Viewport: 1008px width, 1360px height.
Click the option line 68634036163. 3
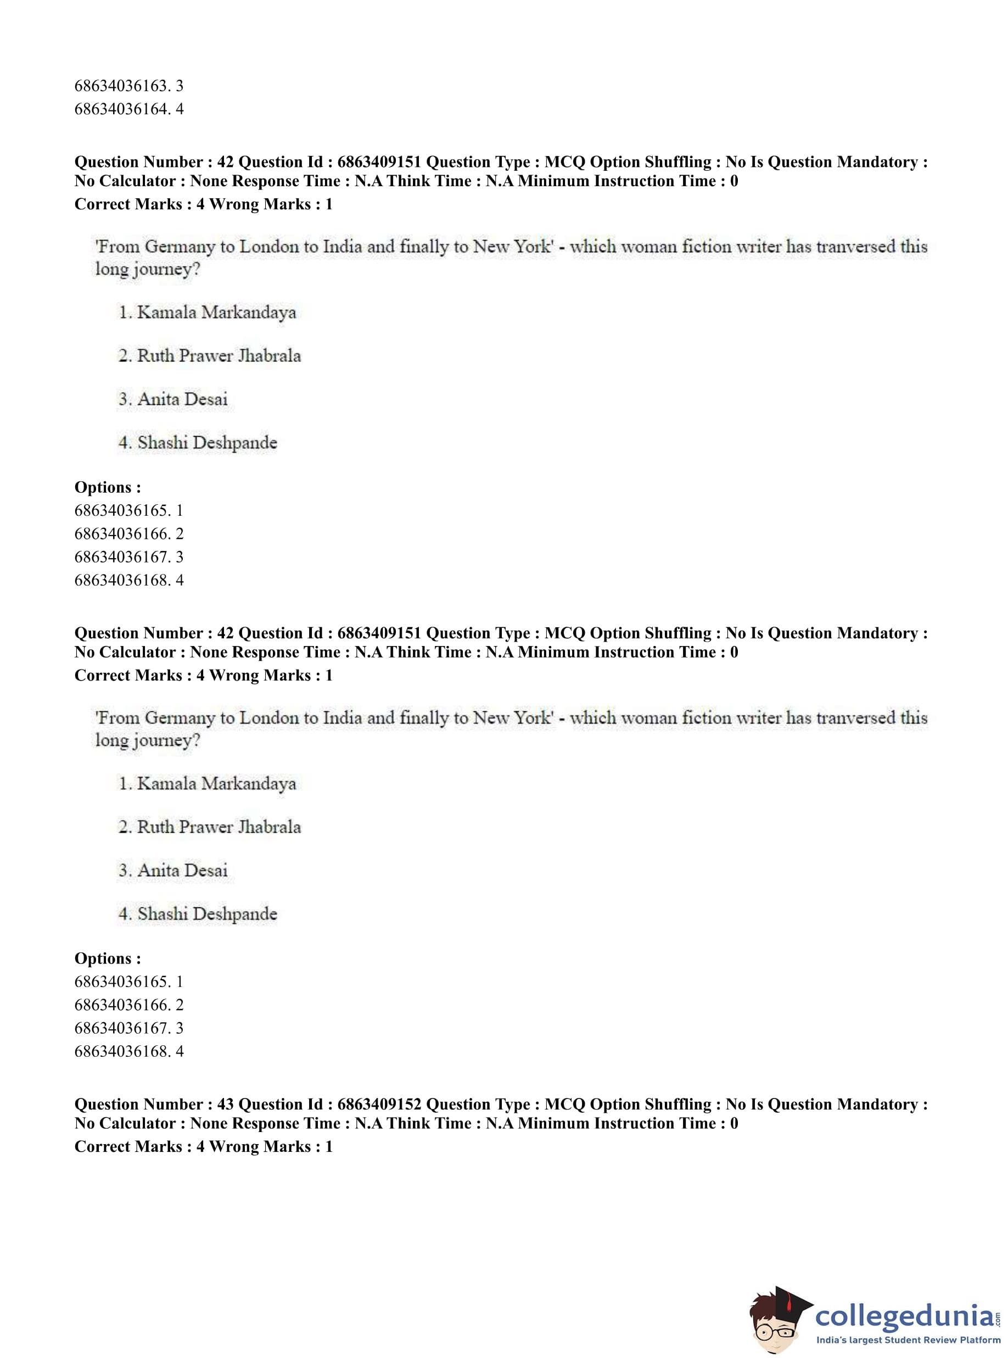(x=129, y=86)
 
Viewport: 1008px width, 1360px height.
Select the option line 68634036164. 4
(x=129, y=109)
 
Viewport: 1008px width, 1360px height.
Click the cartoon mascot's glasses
(x=775, y=1326)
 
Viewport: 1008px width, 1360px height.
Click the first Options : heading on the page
(x=108, y=487)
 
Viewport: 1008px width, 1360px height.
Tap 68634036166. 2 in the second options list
(x=129, y=1005)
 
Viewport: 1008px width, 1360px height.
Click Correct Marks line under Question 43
(x=203, y=1146)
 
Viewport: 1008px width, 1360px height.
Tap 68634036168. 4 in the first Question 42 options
(x=129, y=580)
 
